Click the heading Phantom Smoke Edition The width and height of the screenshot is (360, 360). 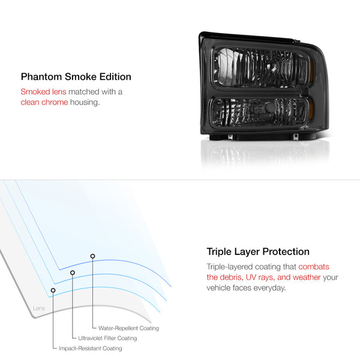(x=76, y=77)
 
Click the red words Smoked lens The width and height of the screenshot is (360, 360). (x=43, y=92)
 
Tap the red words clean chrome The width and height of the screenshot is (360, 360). (x=44, y=102)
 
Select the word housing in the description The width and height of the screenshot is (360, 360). (x=85, y=103)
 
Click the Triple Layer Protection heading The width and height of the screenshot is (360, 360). (x=258, y=251)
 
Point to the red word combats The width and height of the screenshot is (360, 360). (x=314, y=266)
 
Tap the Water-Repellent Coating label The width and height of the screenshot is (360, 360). (x=128, y=328)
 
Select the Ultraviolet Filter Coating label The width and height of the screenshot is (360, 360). (x=107, y=338)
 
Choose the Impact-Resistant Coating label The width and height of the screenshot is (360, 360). (x=91, y=348)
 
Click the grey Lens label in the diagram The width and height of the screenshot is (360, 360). (x=39, y=308)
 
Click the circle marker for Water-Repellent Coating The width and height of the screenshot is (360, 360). (x=92, y=256)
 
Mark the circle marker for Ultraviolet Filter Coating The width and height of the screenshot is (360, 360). (x=73, y=272)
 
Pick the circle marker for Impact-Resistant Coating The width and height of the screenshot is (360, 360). (x=53, y=290)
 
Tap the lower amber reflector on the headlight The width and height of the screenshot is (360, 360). (x=311, y=111)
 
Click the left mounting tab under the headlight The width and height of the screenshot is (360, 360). (x=230, y=137)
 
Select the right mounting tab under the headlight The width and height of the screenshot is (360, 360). (x=296, y=137)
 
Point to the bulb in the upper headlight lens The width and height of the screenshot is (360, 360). (x=273, y=66)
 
